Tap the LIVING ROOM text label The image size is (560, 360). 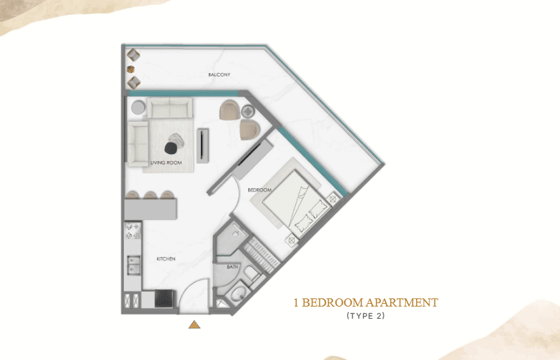click(164, 163)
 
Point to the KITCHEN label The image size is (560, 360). click(166, 259)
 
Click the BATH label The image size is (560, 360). click(233, 267)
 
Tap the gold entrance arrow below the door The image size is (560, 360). click(194, 325)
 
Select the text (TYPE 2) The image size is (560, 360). click(365, 316)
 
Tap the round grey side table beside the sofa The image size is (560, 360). click(138, 107)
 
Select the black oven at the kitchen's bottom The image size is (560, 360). click(165, 298)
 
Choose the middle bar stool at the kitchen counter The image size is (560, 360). click(150, 196)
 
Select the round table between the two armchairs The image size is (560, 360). click(248, 112)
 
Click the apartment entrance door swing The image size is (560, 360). click(194, 295)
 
